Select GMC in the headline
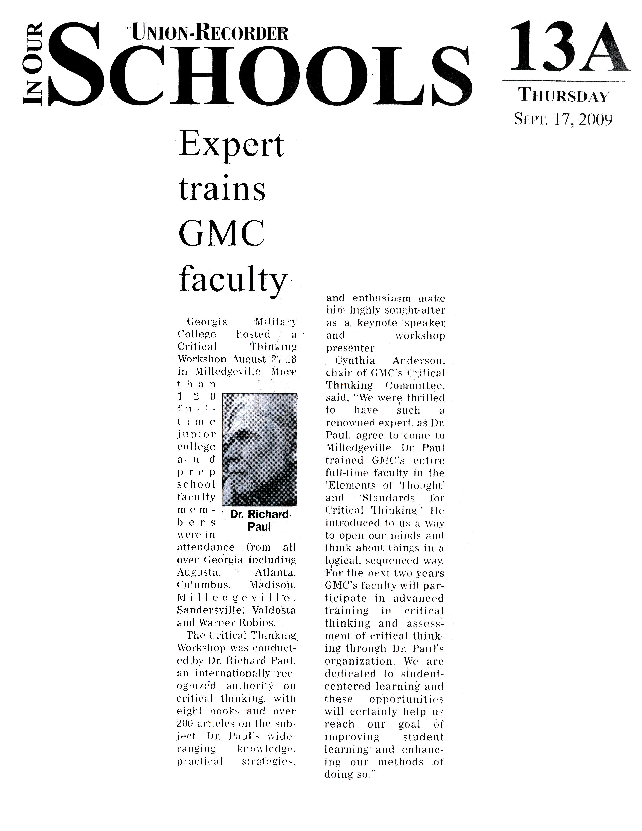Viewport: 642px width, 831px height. [221, 233]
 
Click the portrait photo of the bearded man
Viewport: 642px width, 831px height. [259, 449]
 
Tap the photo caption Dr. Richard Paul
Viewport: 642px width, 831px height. [259, 520]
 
